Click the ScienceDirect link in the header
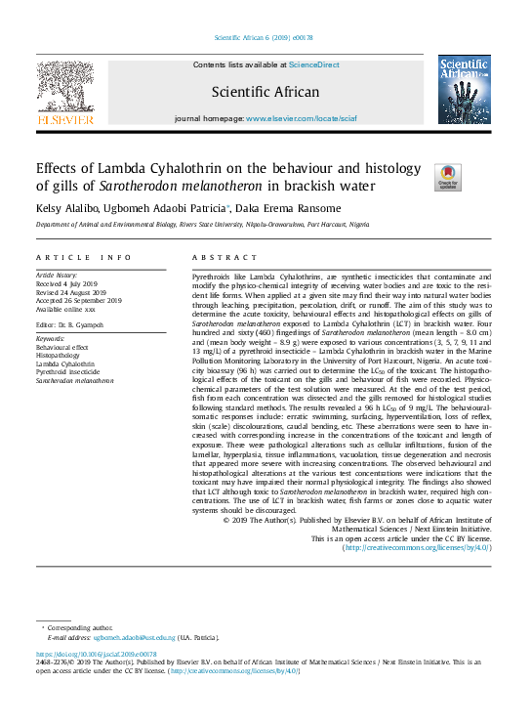point(313,64)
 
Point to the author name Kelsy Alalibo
point(69,208)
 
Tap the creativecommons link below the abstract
point(417,548)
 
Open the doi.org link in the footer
point(97,654)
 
